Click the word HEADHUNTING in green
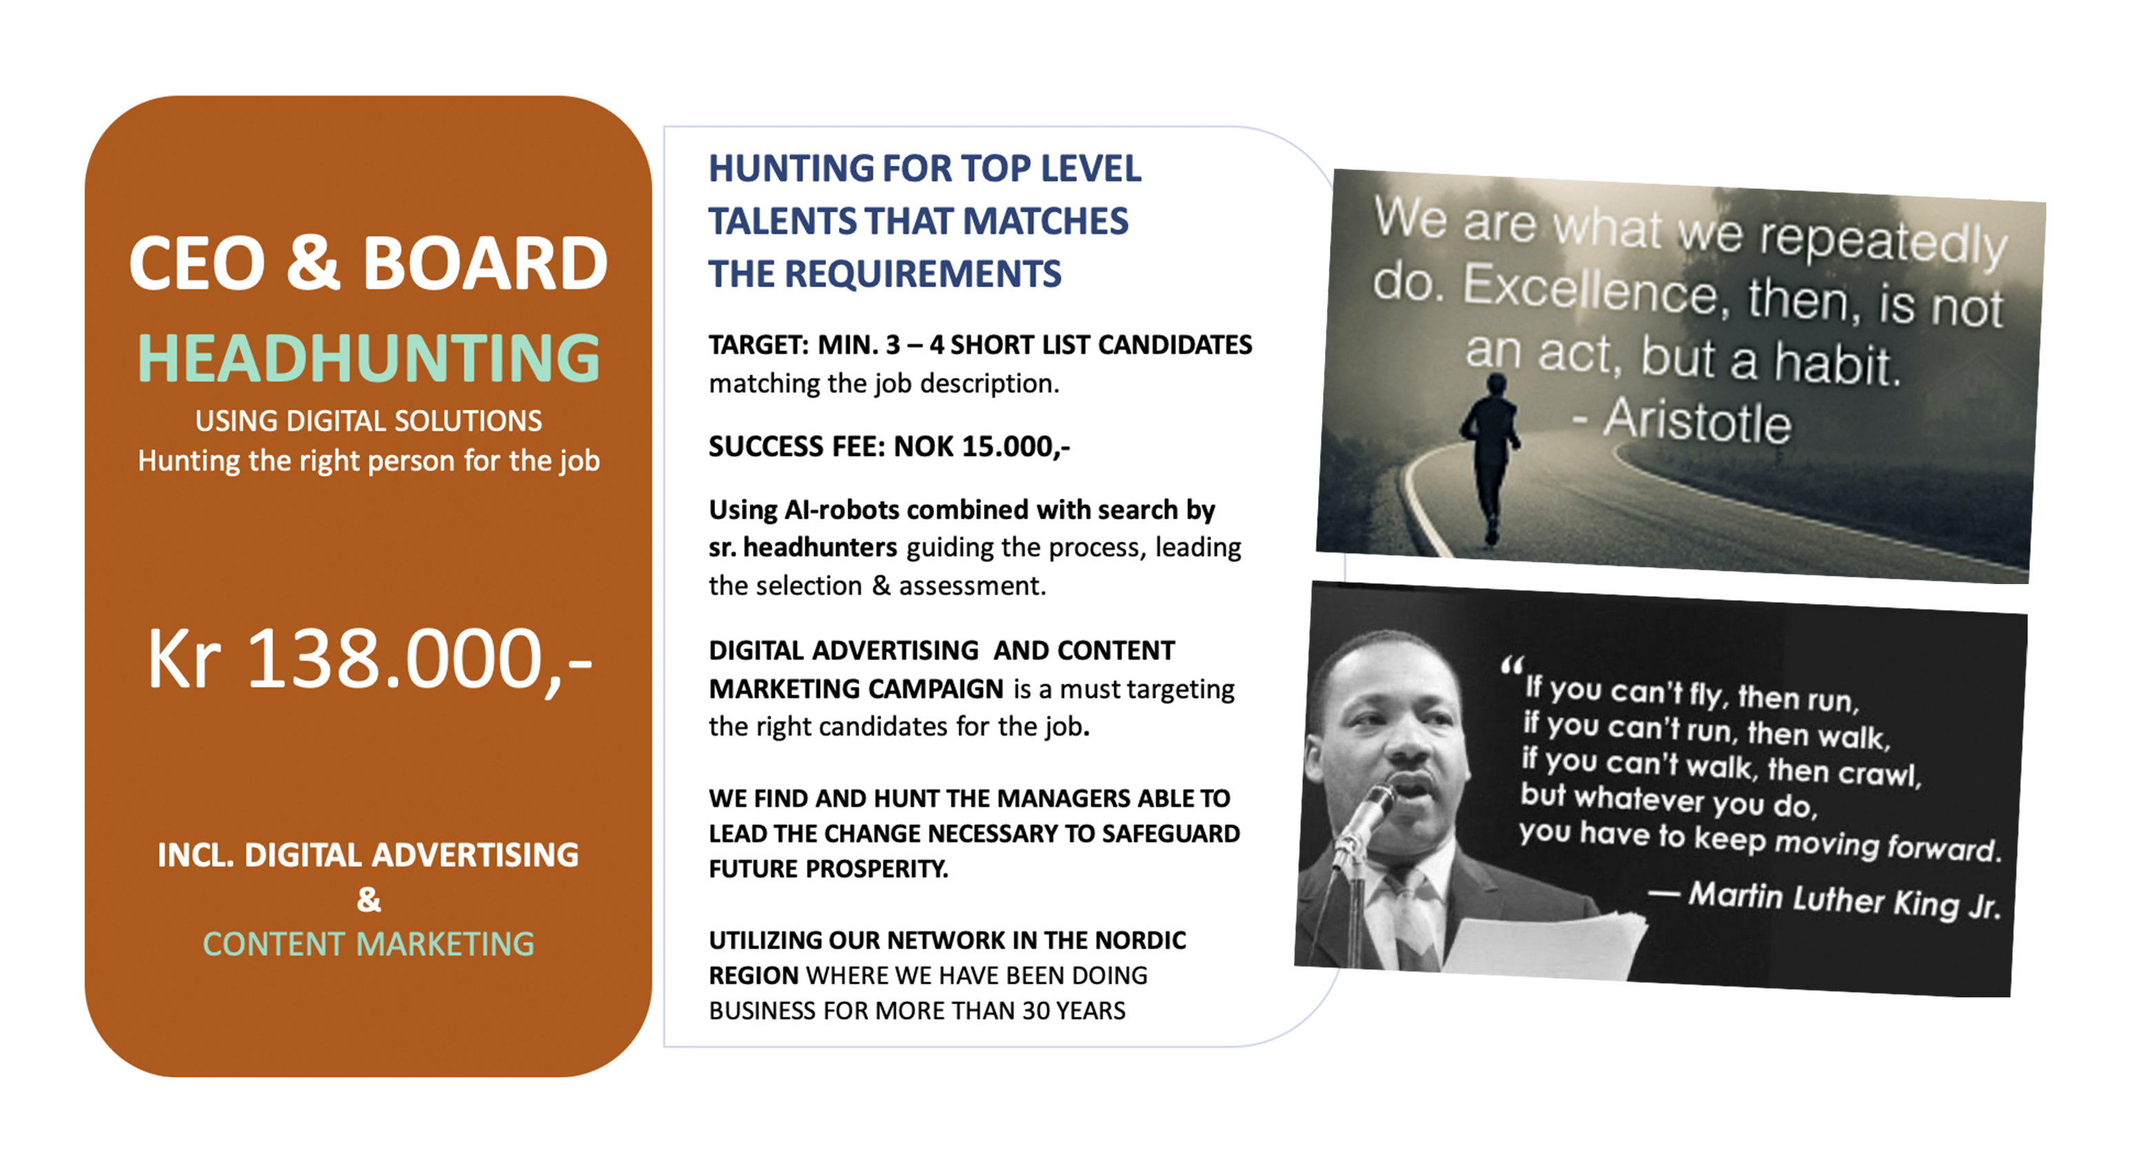click(x=369, y=359)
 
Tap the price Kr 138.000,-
click(x=369, y=661)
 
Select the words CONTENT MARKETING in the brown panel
click(x=369, y=944)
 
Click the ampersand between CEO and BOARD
click(x=313, y=263)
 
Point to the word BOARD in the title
click(x=485, y=263)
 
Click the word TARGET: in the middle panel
click(x=759, y=344)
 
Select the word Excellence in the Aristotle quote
click(x=1591, y=290)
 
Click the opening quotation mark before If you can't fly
click(x=1512, y=665)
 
